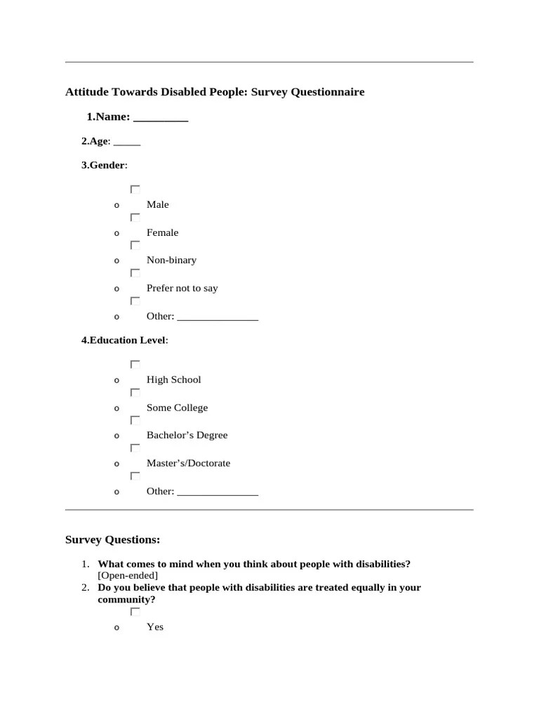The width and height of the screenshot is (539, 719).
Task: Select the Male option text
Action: (158, 205)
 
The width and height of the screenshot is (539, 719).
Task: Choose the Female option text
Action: (162, 233)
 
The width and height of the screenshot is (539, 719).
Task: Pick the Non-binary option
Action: (171, 260)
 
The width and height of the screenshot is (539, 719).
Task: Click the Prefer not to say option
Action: (182, 289)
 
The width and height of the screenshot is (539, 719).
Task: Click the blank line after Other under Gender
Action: (218, 317)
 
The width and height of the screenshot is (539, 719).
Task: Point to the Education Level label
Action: (124, 341)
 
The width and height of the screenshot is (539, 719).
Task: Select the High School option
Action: (173, 380)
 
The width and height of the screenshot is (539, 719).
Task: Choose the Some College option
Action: (177, 408)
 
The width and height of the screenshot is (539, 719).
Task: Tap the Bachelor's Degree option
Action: (187, 435)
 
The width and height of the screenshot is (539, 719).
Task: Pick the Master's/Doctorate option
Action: (188, 463)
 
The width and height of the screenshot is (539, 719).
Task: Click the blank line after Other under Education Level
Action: (218, 492)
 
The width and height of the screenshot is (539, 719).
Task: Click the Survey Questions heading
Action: (112, 540)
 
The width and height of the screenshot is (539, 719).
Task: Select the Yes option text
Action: (155, 627)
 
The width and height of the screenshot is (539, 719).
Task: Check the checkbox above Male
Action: (135, 190)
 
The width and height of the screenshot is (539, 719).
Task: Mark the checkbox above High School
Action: (135, 364)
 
